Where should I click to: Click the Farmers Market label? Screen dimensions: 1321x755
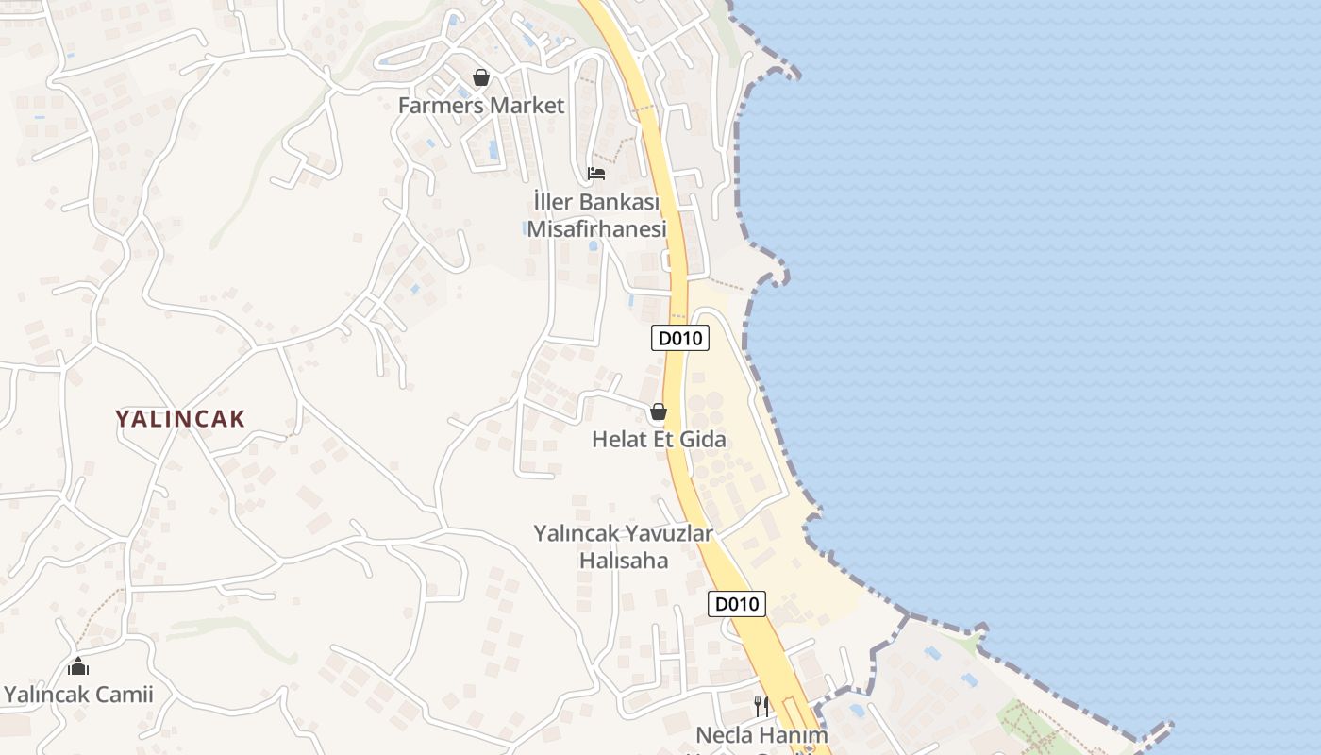[480, 106]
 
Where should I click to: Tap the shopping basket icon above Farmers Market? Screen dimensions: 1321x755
[481, 77]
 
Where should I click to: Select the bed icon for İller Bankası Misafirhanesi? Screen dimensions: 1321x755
[595, 174]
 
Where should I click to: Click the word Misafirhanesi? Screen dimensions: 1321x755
[596, 229]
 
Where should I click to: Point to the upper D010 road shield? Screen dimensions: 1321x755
[679, 338]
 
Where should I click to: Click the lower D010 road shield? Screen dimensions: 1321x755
[736, 604]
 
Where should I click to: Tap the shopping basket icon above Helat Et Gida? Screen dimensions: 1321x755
[659, 411]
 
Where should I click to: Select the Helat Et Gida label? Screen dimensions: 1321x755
[659, 439]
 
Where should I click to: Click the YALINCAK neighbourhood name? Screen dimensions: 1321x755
[180, 419]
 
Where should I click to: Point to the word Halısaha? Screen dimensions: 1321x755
[623, 561]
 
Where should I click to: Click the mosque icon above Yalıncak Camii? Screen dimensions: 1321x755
[78, 667]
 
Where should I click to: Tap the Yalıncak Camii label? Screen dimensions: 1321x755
[78, 696]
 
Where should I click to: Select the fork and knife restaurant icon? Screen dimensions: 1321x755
[761, 706]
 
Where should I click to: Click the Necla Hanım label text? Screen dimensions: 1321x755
[761, 734]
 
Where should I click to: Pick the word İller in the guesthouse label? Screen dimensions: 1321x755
[553, 202]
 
